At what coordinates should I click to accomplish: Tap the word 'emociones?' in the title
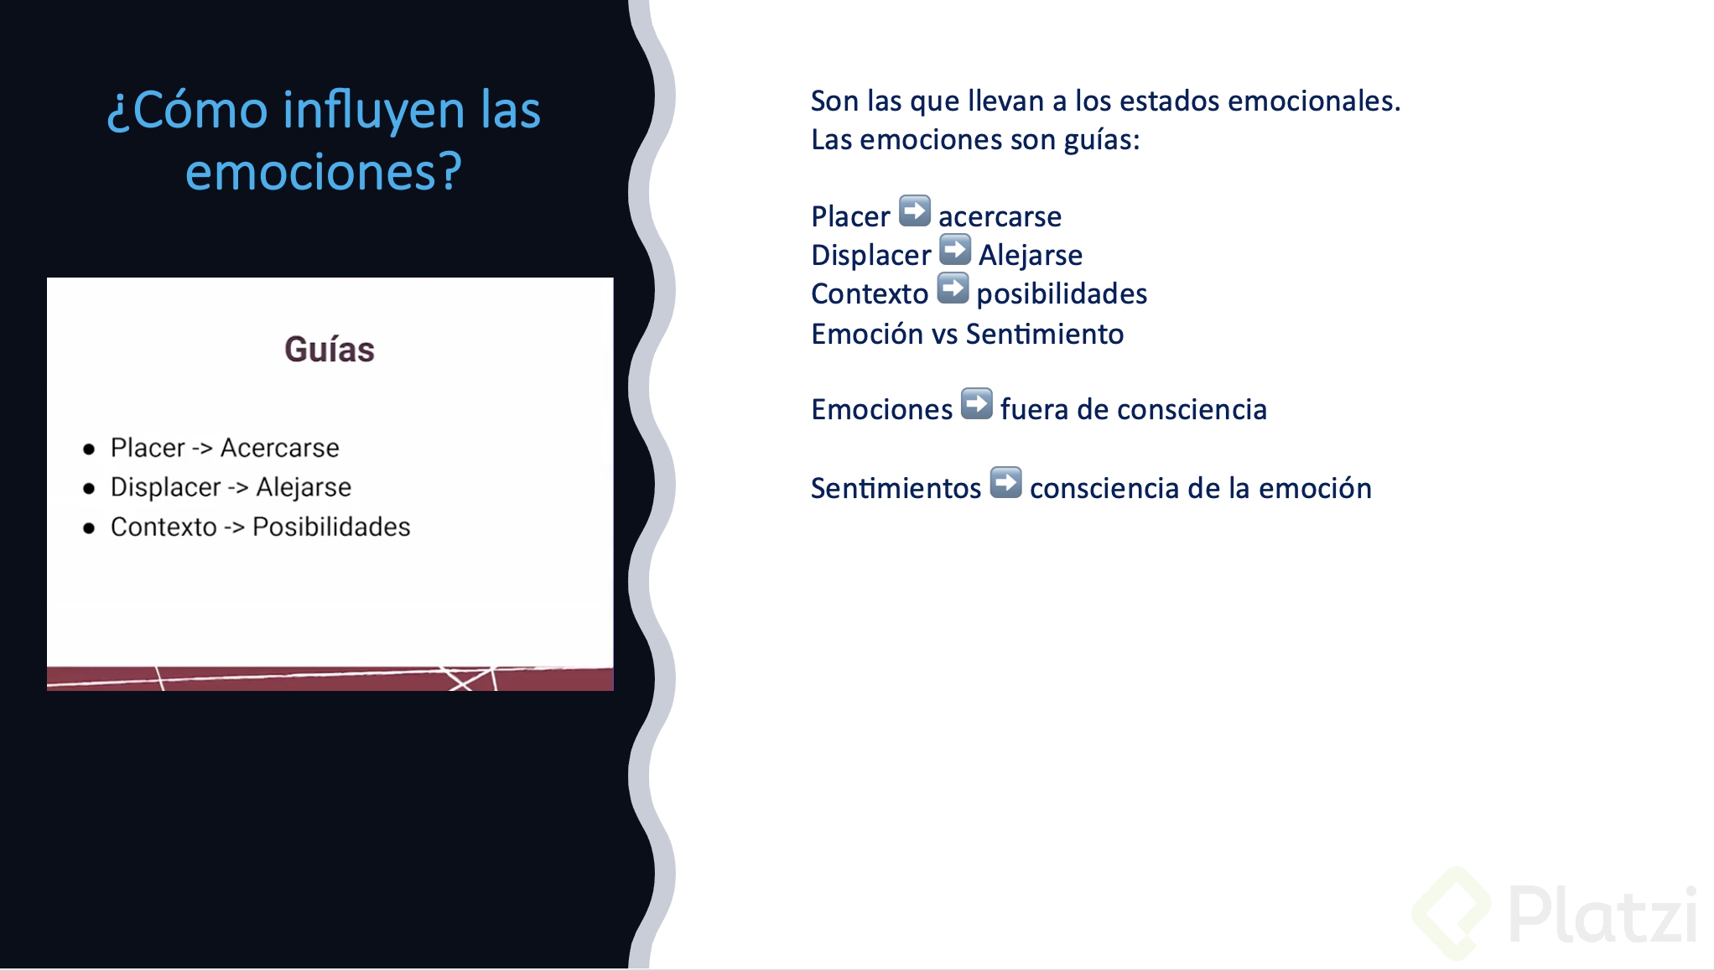pos(324,172)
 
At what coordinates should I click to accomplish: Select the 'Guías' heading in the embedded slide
pos(330,349)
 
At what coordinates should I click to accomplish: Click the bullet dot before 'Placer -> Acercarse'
pos(89,449)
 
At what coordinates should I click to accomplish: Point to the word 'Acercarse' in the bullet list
pos(280,448)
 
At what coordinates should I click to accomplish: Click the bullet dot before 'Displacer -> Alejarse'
pos(89,489)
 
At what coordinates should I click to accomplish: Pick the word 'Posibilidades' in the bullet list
pos(331,527)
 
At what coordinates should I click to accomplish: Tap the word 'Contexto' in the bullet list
pos(164,527)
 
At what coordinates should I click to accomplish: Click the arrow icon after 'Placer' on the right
pos(915,211)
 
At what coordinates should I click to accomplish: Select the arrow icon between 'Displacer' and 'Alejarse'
pos(955,250)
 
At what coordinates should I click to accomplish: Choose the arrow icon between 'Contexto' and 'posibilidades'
pos(953,288)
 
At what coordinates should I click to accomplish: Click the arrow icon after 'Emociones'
pos(977,404)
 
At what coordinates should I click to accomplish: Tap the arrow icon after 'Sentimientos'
pos(1006,483)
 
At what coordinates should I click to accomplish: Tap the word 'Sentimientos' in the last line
pos(896,488)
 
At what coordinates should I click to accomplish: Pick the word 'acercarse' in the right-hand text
pos(1000,216)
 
